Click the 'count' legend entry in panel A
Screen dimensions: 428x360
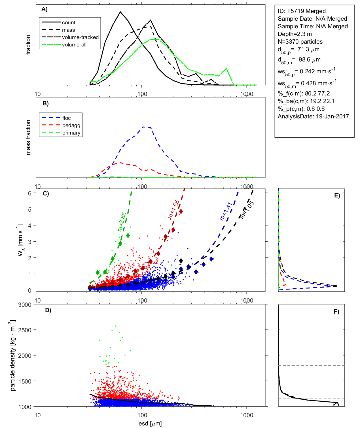point(69,23)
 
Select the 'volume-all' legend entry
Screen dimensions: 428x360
point(74,45)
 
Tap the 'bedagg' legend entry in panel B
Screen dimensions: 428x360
point(71,125)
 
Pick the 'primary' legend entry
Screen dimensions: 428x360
point(71,133)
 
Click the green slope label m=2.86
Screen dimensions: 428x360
point(122,222)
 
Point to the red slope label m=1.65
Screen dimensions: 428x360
point(173,209)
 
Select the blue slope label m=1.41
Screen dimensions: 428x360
point(226,211)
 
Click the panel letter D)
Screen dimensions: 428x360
point(48,310)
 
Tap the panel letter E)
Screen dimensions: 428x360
point(337,195)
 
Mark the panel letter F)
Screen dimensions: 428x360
point(336,312)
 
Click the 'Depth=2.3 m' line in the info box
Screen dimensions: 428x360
point(295,34)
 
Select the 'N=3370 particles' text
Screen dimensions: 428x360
point(300,42)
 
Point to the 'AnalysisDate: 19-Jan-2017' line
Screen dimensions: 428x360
point(313,116)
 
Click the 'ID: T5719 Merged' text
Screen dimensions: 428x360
point(302,11)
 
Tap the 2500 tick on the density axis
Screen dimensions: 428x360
point(25,330)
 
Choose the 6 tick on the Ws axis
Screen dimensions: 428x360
point(30,193)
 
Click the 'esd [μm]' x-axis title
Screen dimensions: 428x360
point(150,423)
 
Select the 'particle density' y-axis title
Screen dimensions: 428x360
point(13,355)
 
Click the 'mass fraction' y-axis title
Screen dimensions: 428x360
point(28,137)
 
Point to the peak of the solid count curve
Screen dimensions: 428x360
point(120,12)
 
